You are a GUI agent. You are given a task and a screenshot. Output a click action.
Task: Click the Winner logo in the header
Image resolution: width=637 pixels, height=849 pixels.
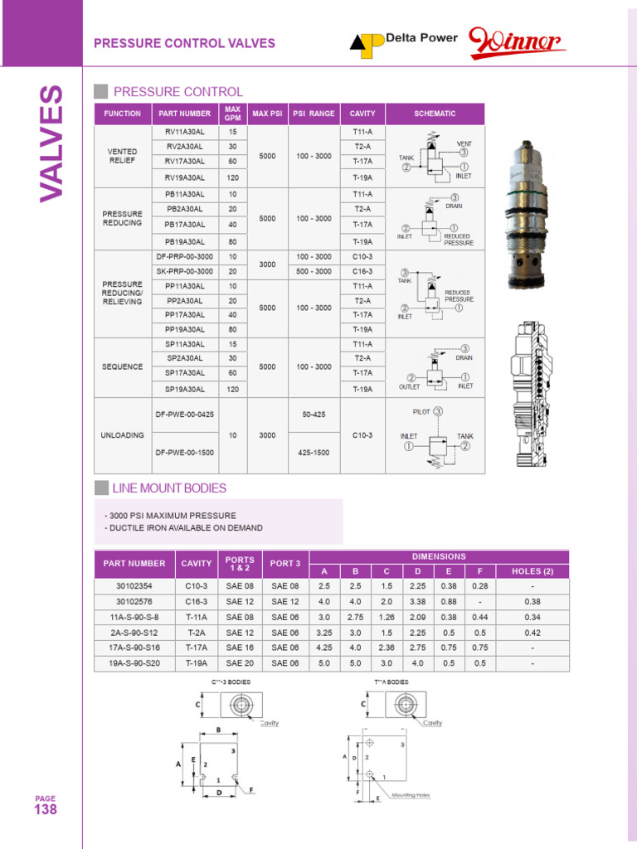click(x=516, y=42)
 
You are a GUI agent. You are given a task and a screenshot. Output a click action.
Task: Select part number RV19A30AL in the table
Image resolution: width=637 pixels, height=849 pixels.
click(x=184, y=177)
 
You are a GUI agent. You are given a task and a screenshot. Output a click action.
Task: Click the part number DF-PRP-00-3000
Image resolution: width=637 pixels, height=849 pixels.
click(x=184, y=257)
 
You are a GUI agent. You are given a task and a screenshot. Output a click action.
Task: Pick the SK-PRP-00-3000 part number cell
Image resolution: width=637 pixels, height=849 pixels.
click(x=184, y=271)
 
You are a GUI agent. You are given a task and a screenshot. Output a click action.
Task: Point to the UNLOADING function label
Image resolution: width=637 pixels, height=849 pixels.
click(x=123, y=435)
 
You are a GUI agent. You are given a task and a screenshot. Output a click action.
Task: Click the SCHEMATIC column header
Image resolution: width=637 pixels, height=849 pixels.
click(x=435, y=114)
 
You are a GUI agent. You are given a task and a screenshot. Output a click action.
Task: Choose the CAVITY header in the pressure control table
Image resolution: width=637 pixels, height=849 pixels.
click(x=362, y=114)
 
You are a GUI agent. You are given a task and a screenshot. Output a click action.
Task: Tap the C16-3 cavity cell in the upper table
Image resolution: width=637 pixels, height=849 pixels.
click(x=362, y=271)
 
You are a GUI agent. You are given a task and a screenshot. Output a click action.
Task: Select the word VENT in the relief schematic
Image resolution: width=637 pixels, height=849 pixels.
click(x=464, y=143)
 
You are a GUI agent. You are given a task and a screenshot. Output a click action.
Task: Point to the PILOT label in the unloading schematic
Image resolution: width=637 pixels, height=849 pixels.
click(x=422, y=410)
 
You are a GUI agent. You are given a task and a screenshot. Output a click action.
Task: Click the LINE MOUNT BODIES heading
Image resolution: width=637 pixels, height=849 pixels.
click(x=170, y=488)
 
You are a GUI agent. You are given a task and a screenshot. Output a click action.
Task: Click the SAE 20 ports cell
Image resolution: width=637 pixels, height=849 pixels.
click(x=240, y=662)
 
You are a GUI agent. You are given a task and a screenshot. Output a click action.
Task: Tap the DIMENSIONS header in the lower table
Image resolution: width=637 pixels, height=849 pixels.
click(x=439, y=556)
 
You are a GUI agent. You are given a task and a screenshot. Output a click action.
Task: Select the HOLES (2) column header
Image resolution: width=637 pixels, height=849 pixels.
click(x=532, y=570)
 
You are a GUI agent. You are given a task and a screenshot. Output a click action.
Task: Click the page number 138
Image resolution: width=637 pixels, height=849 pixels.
click(x=45, y=810)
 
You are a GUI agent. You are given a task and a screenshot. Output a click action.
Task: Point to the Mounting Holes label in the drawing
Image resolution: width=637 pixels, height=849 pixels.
click(x=411, y=795)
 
